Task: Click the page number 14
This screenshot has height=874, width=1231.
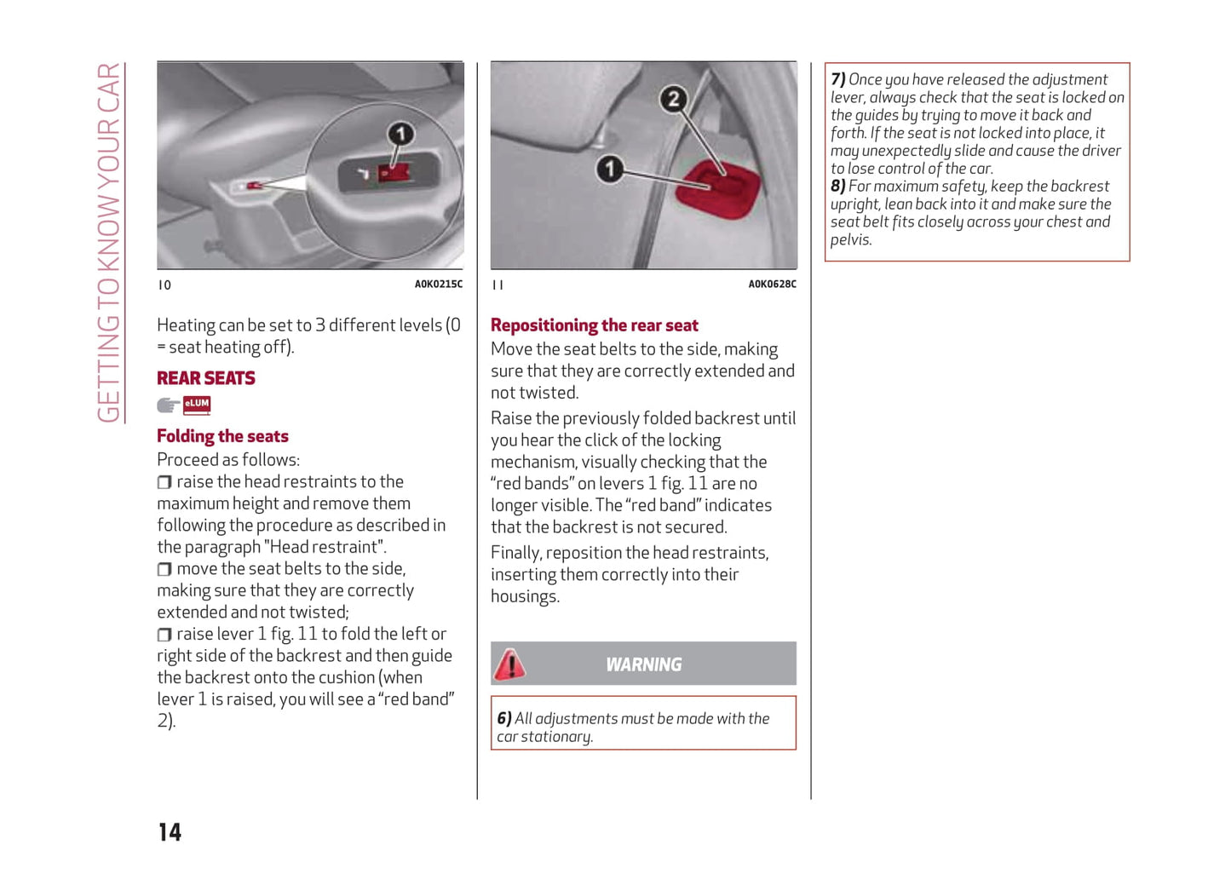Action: pyautogui.click(x=170, y=832)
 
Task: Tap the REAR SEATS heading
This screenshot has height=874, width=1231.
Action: pyautogui.click(x=206, y=378)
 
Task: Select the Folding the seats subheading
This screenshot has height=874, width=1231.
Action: pyautogui.click(x=222, y=436)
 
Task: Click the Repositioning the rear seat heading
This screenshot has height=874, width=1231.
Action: pyautogui.click(x=594, y=325)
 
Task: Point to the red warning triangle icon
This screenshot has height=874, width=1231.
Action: pyautogui.click(x=509, y=664)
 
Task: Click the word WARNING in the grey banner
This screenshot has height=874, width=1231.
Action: pyautogui.click(x=643, y=664)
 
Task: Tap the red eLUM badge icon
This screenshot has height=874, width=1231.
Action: pyautogui.click(x=197, y=405)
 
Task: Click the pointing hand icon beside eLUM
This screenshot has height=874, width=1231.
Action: pyautogui.click(x=168, y=405)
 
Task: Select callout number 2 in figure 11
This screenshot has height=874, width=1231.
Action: pyautogui.click(x=673, y=99)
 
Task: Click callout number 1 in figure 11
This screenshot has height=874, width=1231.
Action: pyautogui.click(x=609, y=169)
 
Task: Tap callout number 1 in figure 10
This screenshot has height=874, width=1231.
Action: pyautogui.click(x=400, y=134)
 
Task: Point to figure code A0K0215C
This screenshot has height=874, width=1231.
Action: pyautogui.click(x=438, y=285)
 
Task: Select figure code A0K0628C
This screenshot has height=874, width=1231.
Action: pyautogui.click(x=772, y=285)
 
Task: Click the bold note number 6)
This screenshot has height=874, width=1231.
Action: pyautogui.click(x=504, y=719)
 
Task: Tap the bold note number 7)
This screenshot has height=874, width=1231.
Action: pyautogui.click(x=838, y=79)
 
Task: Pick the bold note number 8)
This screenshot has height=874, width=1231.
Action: pyautogui.click(x=838, y=187)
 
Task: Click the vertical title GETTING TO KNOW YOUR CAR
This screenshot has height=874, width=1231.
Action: pyautogui.click(x=108, y=243)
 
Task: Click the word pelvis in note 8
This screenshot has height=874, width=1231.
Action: pyautogui.click(x=850, y=240)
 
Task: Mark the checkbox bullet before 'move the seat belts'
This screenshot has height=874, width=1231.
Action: pyautogui.click(x=164, y=569)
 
